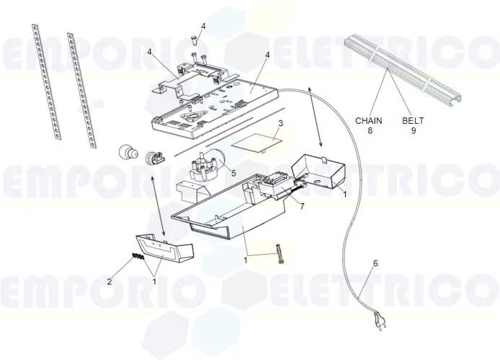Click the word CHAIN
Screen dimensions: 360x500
click(x=369, y=121)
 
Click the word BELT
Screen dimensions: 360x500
click(x=413, y=121)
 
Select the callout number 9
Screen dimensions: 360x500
click(x=413, y=131)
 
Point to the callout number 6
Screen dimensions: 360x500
click(x=375, y=264)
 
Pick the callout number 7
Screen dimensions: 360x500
click(x=303, y=207)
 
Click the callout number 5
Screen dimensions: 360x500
click(x=233, y=173)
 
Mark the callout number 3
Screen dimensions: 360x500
click(x=280, y=123)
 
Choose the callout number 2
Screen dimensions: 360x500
click(x=110, y=282)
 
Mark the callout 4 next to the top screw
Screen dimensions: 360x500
click(x=202, y=26)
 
